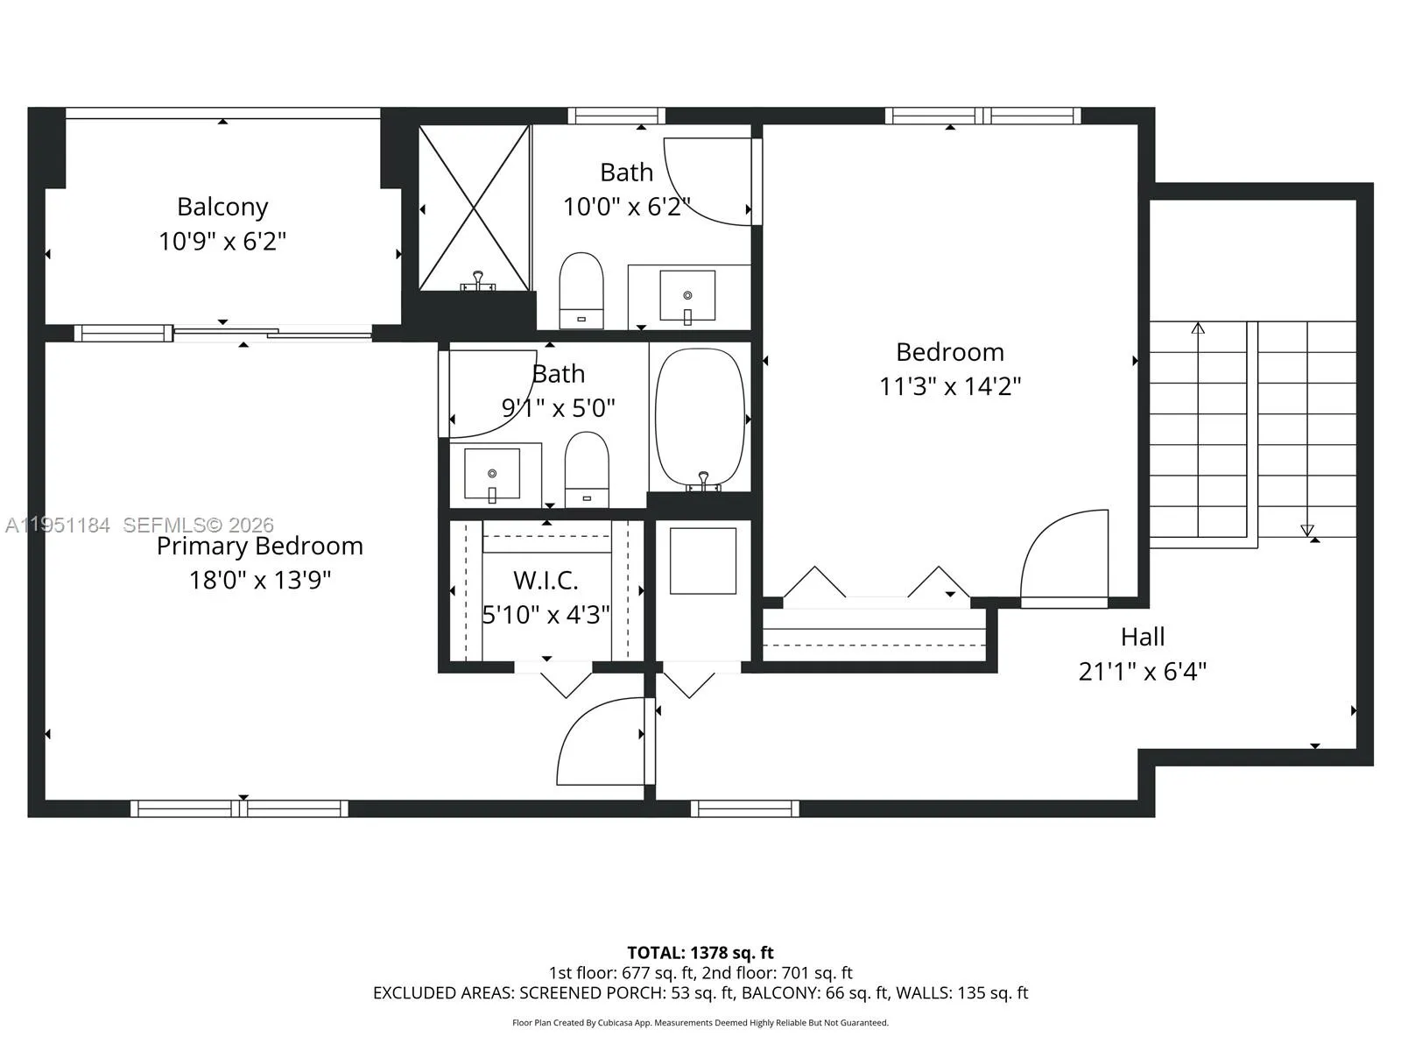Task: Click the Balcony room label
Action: point(222,207)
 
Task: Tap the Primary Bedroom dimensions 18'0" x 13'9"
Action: point(260,580)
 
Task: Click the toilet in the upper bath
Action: point(581,289)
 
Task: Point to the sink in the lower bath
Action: point(492,474)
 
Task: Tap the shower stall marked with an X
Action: point(474,207)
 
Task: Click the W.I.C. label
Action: point(546,580)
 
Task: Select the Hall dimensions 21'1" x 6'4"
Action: point(1142,671)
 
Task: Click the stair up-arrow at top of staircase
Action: point(1198,328)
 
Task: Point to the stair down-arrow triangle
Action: point(1306,530)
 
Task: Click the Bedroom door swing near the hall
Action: point(1064,556)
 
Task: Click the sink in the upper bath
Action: point(687,296)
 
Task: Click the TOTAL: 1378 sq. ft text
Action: point(700,952)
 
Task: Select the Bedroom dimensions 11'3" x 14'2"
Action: point(950,386)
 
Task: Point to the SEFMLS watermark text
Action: point(198,525)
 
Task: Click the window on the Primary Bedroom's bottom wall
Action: point(239,808)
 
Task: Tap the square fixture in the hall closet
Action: point(703,561)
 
